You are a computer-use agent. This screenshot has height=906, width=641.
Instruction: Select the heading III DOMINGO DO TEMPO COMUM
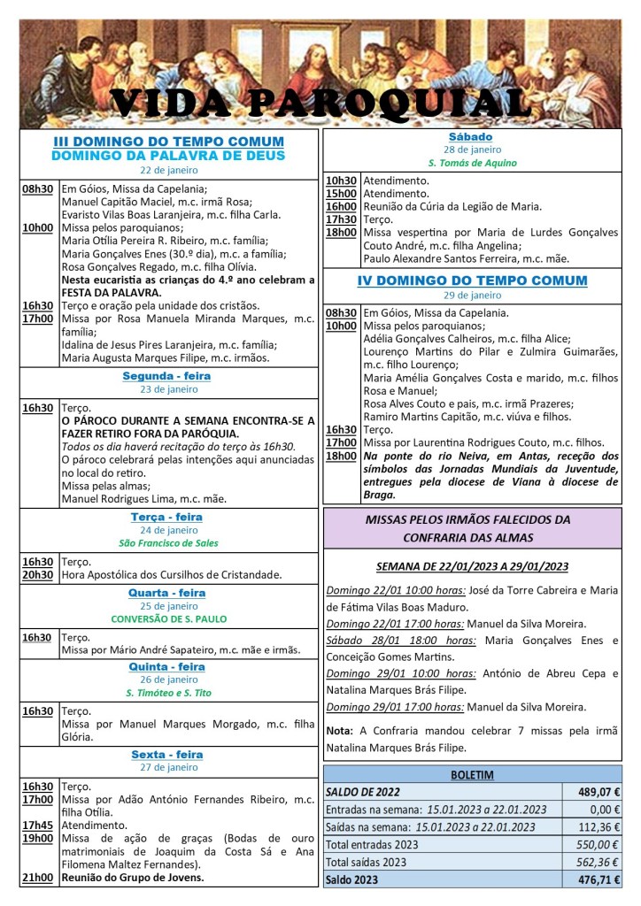168,142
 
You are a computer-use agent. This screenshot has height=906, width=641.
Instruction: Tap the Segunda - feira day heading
168,376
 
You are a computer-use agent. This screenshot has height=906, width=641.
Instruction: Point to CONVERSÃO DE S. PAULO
168,618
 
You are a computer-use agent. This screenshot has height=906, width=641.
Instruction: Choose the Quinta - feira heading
168,667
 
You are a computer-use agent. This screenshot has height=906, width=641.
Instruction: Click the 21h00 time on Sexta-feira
36,878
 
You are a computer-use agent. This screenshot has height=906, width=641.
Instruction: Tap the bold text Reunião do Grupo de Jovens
133,878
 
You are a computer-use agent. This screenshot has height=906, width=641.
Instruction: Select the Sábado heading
471,137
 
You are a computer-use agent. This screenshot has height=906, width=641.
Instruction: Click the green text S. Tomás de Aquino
471,163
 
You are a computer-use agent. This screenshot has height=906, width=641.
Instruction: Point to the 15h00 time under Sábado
341,194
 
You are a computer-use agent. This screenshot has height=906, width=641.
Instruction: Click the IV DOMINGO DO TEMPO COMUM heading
471,281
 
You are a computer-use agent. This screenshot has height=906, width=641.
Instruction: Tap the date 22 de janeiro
168,171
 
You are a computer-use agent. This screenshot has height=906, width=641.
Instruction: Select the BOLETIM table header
472,775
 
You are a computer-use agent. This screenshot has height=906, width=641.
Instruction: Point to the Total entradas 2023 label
371,844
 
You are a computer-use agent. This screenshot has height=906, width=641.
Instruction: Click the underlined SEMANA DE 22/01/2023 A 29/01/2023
471,566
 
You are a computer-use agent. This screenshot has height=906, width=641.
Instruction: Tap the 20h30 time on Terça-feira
36,574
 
